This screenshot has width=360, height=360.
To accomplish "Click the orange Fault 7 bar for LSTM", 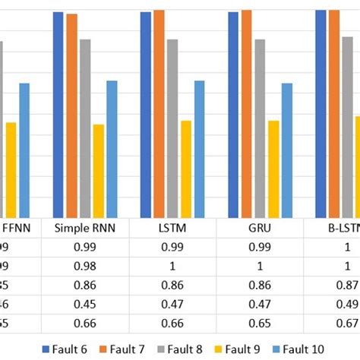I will coord(159,114).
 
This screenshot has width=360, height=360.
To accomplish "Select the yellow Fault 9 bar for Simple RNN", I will coord(99,172).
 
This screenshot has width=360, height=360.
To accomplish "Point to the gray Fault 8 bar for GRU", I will coord(260,129).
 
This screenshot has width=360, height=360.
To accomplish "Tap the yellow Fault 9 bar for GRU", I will coord(273,169).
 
